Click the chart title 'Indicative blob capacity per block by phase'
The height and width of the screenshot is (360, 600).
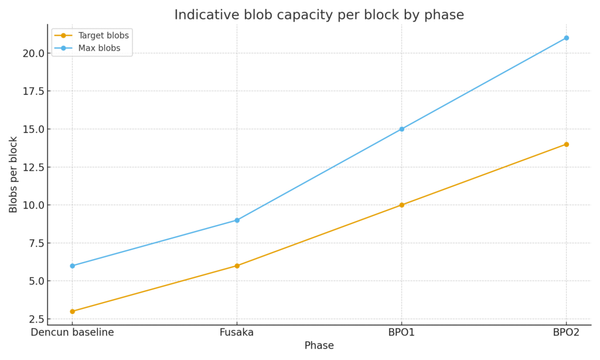pos(319,15)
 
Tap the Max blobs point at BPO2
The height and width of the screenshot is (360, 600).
pos(566,38)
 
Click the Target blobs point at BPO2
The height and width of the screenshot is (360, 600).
pos(566,144)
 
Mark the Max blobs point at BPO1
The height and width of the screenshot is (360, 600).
pos(401,129)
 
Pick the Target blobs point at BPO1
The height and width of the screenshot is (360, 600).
pos(401,205)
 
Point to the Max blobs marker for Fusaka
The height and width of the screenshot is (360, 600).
pos(237,220)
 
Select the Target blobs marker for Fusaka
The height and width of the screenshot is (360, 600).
pos(237,266)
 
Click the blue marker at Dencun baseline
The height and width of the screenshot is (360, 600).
pos(73,266)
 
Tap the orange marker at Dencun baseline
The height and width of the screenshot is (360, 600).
pos(73,311)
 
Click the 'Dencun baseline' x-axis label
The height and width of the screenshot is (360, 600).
pos(73,332)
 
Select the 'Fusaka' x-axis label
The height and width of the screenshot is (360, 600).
pos(237,332)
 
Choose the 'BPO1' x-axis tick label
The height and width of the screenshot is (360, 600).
pos(401,332)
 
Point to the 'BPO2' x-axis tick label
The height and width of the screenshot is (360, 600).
pos(566,332)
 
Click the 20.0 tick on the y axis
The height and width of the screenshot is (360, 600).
pos(32,53)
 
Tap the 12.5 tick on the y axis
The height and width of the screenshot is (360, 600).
pos(32,167)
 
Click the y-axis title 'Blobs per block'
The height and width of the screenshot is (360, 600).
pos(13,174)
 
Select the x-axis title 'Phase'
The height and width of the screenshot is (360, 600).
pos(319,346)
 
